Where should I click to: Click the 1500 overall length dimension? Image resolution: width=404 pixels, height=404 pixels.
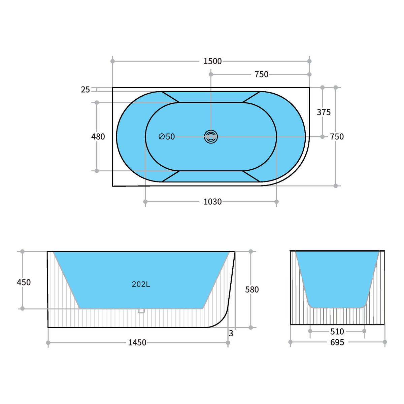pos(212,61)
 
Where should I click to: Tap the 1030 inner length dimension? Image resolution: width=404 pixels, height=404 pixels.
pos(212,202)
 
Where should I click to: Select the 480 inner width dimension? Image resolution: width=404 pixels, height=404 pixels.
pos(98,137)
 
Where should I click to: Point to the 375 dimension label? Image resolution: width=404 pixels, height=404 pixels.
pos(324,112)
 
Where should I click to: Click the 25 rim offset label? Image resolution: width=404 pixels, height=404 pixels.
pos(85,90)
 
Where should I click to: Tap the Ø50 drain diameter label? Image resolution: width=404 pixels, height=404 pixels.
pos(167,137)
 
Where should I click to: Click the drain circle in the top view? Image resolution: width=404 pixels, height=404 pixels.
pos(211,137)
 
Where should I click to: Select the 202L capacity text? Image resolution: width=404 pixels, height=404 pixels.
pos(141,284)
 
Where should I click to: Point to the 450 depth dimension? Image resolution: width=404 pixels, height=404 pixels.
pos(24,282)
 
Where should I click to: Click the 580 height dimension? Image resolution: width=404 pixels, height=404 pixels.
pos(252,290)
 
